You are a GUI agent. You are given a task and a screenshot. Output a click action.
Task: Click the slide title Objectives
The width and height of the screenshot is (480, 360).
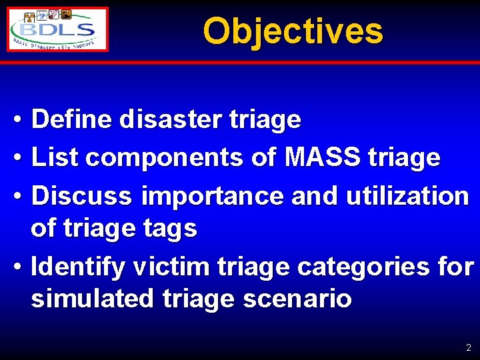pos(293,31)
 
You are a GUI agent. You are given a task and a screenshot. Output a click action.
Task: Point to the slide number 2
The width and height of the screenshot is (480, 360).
pos(469,347)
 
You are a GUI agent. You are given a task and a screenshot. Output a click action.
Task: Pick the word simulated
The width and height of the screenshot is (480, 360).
pos(94,299)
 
